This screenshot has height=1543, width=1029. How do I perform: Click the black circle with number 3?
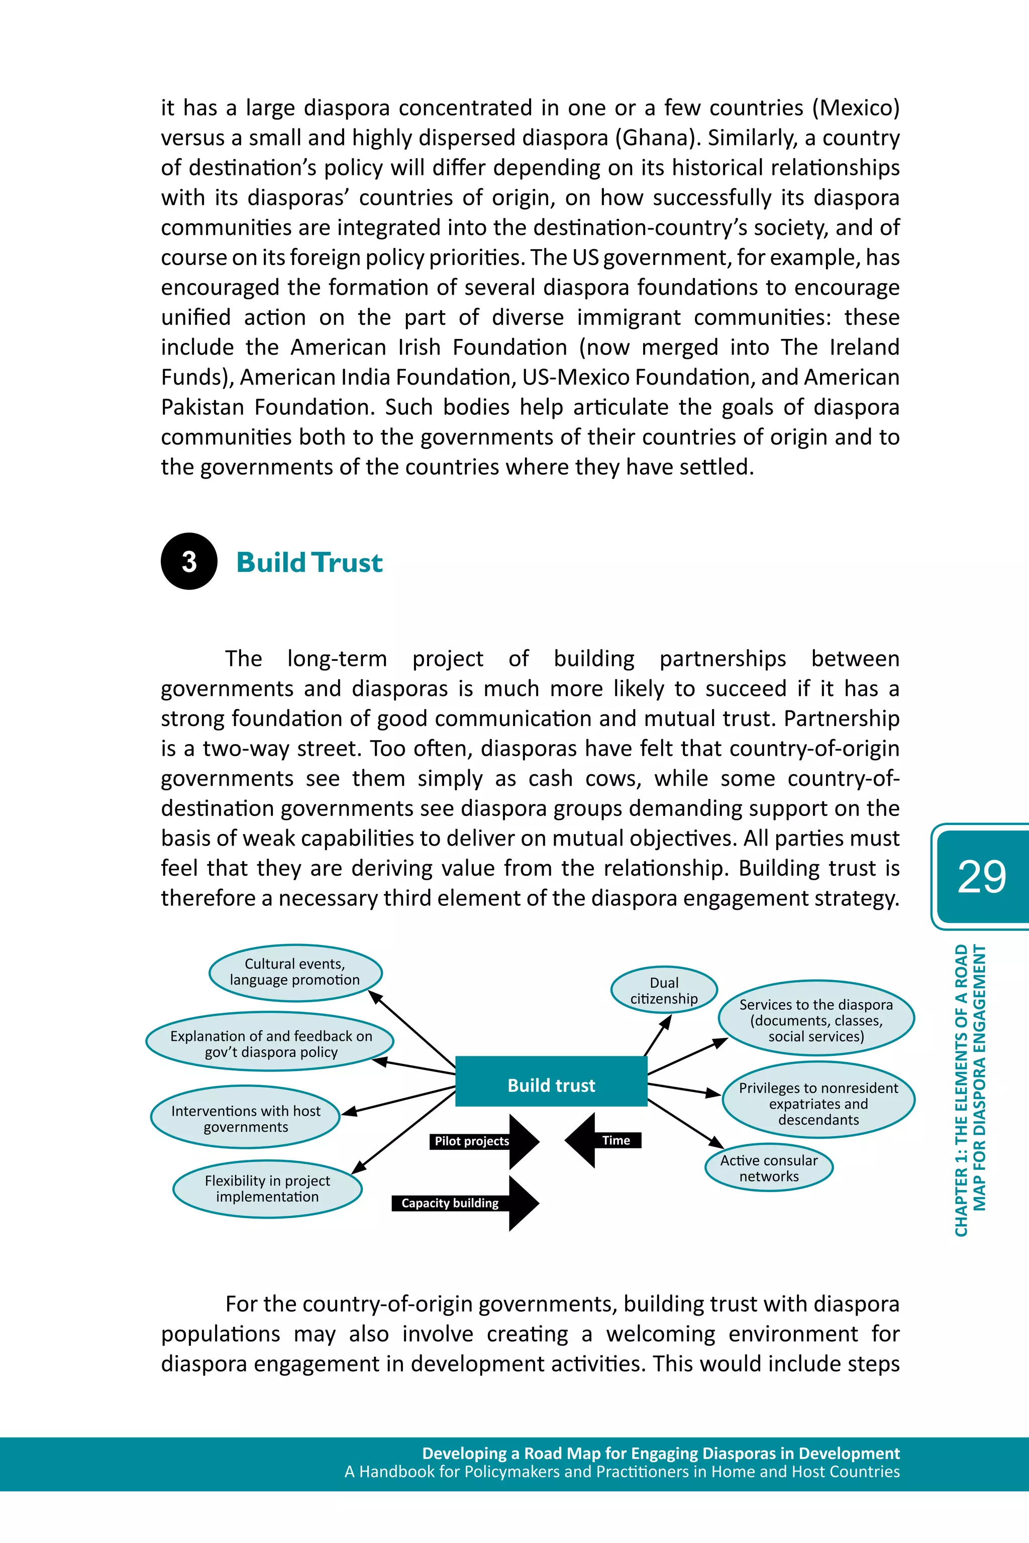189,561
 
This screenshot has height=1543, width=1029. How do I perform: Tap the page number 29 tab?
981,876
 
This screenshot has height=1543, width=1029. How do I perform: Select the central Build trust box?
551,1085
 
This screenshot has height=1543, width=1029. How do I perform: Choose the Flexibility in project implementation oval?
267,1188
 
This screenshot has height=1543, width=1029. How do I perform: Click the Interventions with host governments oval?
245,1119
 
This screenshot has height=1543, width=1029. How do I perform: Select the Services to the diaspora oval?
816,1020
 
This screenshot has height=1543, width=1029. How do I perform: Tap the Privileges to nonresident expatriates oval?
818,1104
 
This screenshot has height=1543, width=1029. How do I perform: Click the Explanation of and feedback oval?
270,1044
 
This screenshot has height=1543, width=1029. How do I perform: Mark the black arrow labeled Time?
602,1140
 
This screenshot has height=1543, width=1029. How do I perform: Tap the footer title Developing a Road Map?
660,1453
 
